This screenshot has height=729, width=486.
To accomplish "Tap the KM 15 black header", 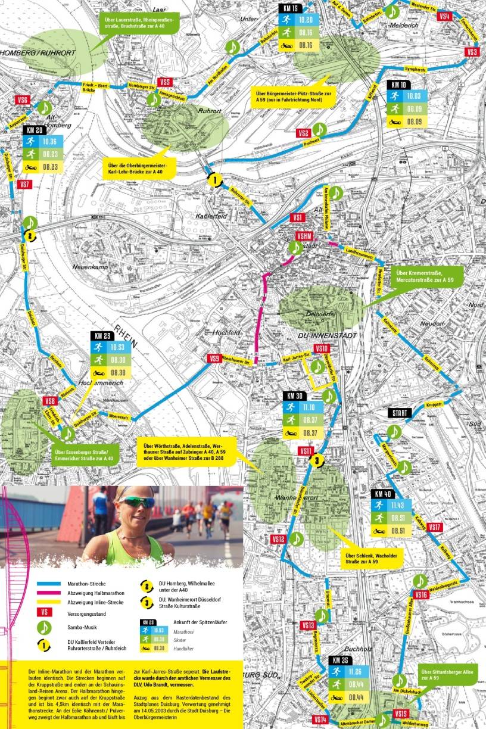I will click(x=291, y=9).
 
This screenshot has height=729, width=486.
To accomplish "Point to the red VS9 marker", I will click(x=215, y=358).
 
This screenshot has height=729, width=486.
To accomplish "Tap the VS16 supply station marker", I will click(x=420, y=595).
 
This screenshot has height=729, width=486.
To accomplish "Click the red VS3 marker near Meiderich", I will click(x=473, y=52).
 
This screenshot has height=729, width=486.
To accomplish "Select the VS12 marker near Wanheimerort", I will click(x=279, y=539).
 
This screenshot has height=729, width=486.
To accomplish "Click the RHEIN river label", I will click(x=126, y=336).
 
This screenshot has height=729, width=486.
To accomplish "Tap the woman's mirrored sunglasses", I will click(x=135, y=503).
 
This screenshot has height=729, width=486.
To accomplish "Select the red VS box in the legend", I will click(x=43, y=612).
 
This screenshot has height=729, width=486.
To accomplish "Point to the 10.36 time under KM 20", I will click(x=49, y=142).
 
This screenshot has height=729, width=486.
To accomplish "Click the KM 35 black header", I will click(x=341, y=661).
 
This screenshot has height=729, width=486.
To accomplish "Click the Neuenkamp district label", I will click(x=88, y=267).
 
